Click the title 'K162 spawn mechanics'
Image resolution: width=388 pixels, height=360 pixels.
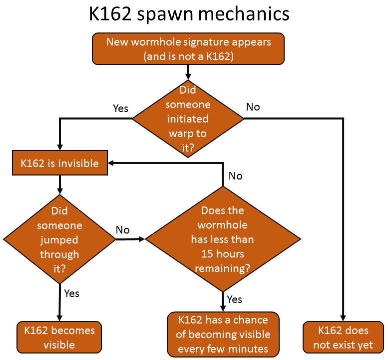[x=189, y=13]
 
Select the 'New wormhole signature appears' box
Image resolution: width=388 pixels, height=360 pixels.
[x=188, y=48]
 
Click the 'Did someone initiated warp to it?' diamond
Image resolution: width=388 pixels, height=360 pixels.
[x=188, y=118]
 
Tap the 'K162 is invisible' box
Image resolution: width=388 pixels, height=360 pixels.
[x=59, y=163]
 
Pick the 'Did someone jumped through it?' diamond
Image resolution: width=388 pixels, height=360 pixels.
[x=59, y=239]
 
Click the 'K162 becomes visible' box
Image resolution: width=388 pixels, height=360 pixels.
[x=59, y=337]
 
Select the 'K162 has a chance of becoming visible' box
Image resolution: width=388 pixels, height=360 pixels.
[x=223, y=334]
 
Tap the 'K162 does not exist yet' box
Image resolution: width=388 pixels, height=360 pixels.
[x=343, y=337]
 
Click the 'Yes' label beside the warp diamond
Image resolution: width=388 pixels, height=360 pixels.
[x=121, y=108]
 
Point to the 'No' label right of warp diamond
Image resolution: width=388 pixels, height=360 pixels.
[x=253, y=107]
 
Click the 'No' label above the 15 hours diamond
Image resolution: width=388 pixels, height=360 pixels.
[x=235, y=176]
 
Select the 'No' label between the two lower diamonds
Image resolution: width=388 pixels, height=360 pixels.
[x=123, y=230]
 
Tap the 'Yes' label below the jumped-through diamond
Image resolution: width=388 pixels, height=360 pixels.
[x=71, y=293]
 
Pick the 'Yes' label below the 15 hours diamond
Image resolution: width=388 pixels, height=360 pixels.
[x=234, y=299]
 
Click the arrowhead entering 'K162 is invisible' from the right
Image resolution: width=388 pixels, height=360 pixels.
[x=112, y=163]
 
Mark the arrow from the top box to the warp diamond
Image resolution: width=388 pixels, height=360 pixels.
[x=188, y=71]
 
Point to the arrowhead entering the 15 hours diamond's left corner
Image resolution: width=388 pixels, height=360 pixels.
[x=141, y=239]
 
